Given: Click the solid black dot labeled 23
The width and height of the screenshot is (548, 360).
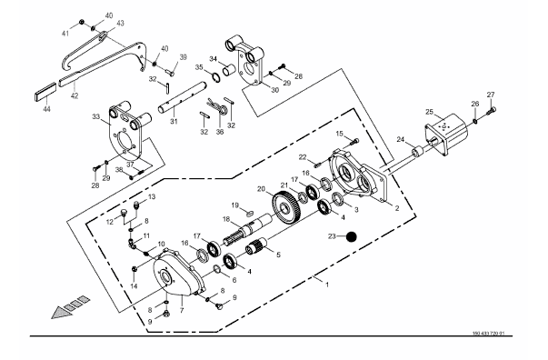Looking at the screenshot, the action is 351,236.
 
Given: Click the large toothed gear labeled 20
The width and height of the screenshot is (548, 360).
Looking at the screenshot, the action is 286,209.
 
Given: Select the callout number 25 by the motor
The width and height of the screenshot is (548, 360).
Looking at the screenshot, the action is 429,112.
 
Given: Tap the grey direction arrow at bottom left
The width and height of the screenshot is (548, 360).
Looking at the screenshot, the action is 70,307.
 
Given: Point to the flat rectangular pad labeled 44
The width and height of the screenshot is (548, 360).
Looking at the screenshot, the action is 45,93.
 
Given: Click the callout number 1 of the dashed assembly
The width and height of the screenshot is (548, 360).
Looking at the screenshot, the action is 327,285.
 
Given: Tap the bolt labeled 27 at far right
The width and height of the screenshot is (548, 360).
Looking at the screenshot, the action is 492,112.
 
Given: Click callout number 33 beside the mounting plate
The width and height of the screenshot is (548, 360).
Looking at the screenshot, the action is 96,116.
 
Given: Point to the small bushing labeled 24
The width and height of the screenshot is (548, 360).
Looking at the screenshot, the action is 417,152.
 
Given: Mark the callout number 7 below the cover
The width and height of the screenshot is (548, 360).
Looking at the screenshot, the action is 182,310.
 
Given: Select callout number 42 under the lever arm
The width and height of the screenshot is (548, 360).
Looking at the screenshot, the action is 75,95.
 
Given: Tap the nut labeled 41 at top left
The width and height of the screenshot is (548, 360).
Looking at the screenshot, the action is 81,22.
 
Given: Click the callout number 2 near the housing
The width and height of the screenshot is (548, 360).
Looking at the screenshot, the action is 396,208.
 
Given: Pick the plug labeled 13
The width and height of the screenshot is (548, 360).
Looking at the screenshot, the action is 137,204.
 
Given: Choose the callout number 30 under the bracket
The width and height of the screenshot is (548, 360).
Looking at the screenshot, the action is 275,90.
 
